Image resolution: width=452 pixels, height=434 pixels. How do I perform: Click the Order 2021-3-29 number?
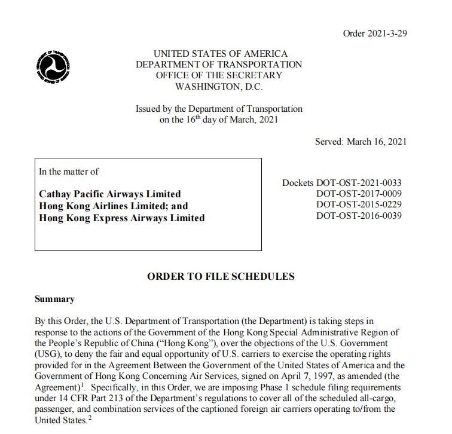click(375, 33)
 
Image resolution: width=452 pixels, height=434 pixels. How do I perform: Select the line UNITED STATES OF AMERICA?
click(220, 54)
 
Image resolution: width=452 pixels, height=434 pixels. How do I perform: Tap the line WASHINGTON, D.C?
click(219, 86)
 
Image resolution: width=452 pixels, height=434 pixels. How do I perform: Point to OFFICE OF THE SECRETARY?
click(219, 75)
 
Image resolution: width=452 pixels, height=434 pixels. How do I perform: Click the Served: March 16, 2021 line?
click(361, 142)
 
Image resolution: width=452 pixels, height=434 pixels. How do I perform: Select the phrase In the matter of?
click(69, 172)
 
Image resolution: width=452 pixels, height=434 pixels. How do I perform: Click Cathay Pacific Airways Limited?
click(110, 194)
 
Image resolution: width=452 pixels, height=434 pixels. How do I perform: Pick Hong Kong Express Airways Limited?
click(121, 218)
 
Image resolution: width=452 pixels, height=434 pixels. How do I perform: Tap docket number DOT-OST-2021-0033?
click(359, 183)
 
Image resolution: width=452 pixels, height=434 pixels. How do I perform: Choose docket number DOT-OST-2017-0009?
click(359, 194)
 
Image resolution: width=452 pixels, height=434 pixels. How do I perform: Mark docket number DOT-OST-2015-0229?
click(359, 204)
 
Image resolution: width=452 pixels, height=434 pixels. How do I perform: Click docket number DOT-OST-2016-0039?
click(359, 215)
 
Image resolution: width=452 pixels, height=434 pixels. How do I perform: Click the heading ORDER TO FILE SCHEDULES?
click(221, 276)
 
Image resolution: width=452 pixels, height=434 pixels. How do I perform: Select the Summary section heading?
click(54, 299)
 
